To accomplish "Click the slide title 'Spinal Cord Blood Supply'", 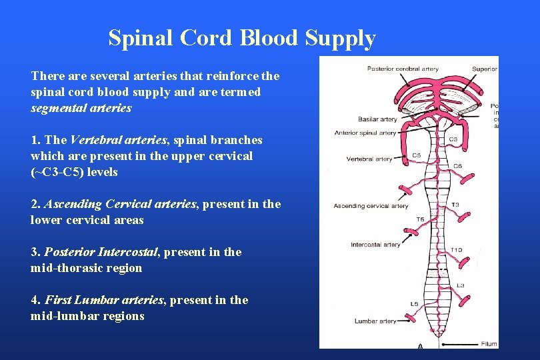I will (x=242, y=38).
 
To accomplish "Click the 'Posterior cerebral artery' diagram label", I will (x=403, y=69).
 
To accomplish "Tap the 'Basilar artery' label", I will (x=377, y=119).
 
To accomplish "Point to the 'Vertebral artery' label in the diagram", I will (x=369, y=159).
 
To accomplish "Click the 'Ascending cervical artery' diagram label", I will (x=371, y=206).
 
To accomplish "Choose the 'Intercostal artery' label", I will (x=375, y=245).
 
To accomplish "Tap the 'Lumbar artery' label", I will (x=375, y=321).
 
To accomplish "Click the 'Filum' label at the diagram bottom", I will (x=489, y=344).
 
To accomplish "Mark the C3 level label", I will (x=452, y=139).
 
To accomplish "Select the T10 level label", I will (x=455, y=250).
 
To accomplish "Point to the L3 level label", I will (x=460, y=285).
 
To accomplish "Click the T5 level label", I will (x=420, y=219).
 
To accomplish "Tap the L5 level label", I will (x=414, y=304).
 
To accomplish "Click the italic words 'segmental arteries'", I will (x=81, y=108).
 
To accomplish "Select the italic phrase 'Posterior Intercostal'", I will (x=101, y=252).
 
